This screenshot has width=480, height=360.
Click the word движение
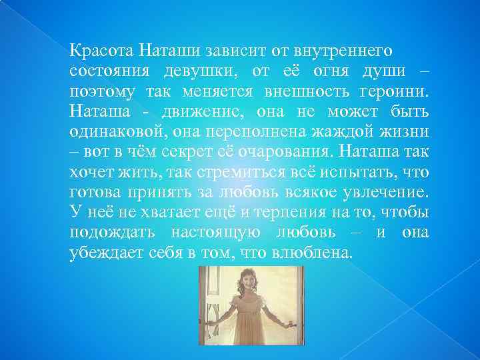(x=190, y=110)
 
